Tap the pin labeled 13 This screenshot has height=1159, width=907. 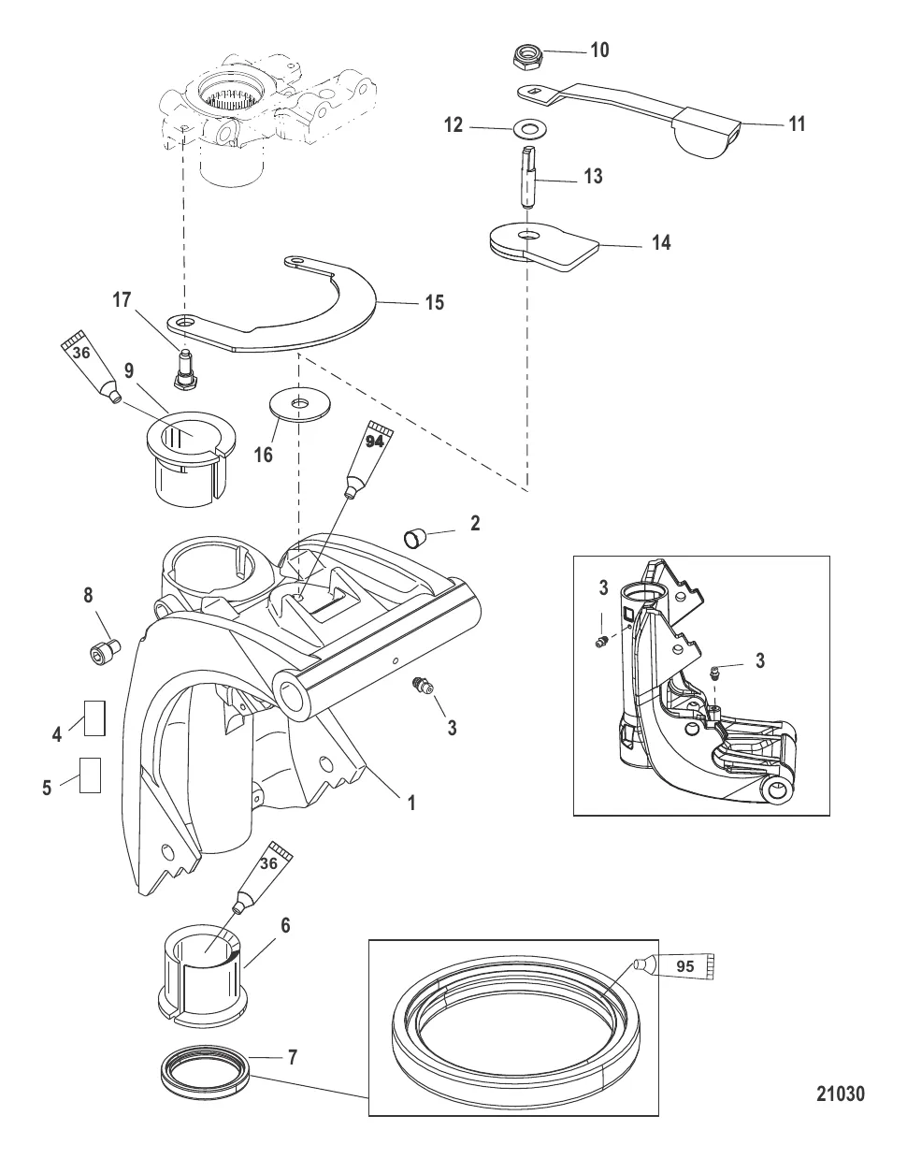[x=528, y=178]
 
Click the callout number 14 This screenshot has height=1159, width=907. [x=661, y=242]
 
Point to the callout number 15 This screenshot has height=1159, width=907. [x=434, y=302]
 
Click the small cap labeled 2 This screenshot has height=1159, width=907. [x=416, y=537]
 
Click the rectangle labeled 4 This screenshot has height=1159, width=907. [x=94, y=718]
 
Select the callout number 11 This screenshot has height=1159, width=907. [x=797, y=123]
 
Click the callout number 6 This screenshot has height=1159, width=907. [x=285, y=925]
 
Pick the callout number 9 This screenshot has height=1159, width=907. [x=129, y=370]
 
